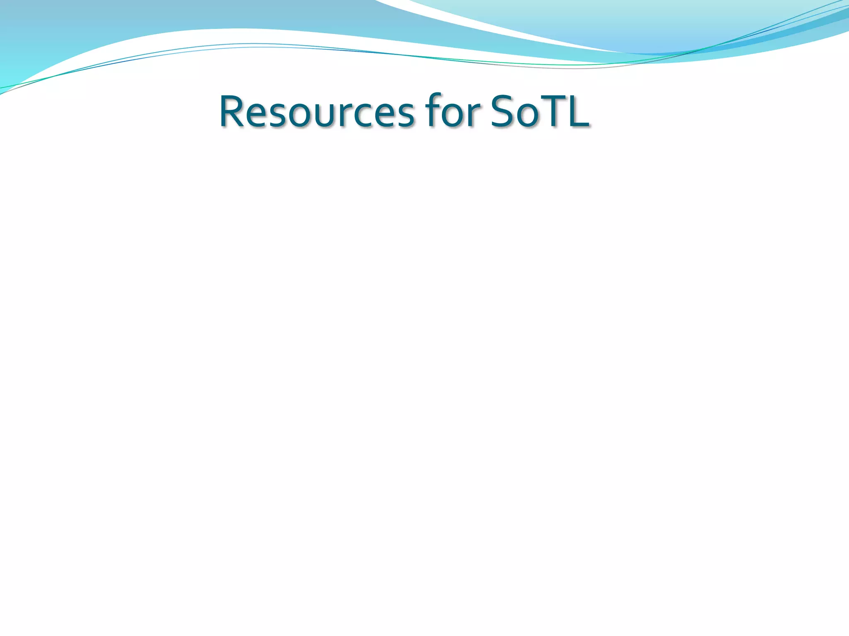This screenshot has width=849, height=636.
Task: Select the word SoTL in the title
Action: click(539, 111)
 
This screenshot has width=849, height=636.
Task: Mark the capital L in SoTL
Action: click(577, 111)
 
